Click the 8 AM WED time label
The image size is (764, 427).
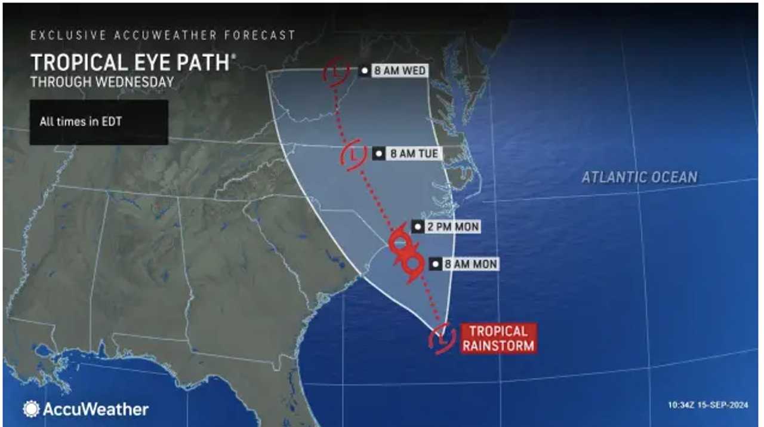[x=399, y=71]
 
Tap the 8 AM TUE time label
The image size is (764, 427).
[x=414, y=154]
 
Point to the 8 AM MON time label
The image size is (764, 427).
[x=472, y=264]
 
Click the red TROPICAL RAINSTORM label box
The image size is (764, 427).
[x=498, y=338]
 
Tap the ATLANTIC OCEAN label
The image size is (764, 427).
[x=639, y=177]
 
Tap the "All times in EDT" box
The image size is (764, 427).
[x=99, y=122]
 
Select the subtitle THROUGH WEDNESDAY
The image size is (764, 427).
[x=102, y=82]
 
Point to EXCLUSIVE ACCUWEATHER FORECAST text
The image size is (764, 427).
[x=163, y=35]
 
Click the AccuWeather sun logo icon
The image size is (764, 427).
[x=31, y=409]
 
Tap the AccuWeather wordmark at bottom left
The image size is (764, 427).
[x=95, y=409]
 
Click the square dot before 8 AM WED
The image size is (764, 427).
[x=364, y=71]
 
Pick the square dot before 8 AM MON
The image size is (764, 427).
[x=437, y=264]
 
